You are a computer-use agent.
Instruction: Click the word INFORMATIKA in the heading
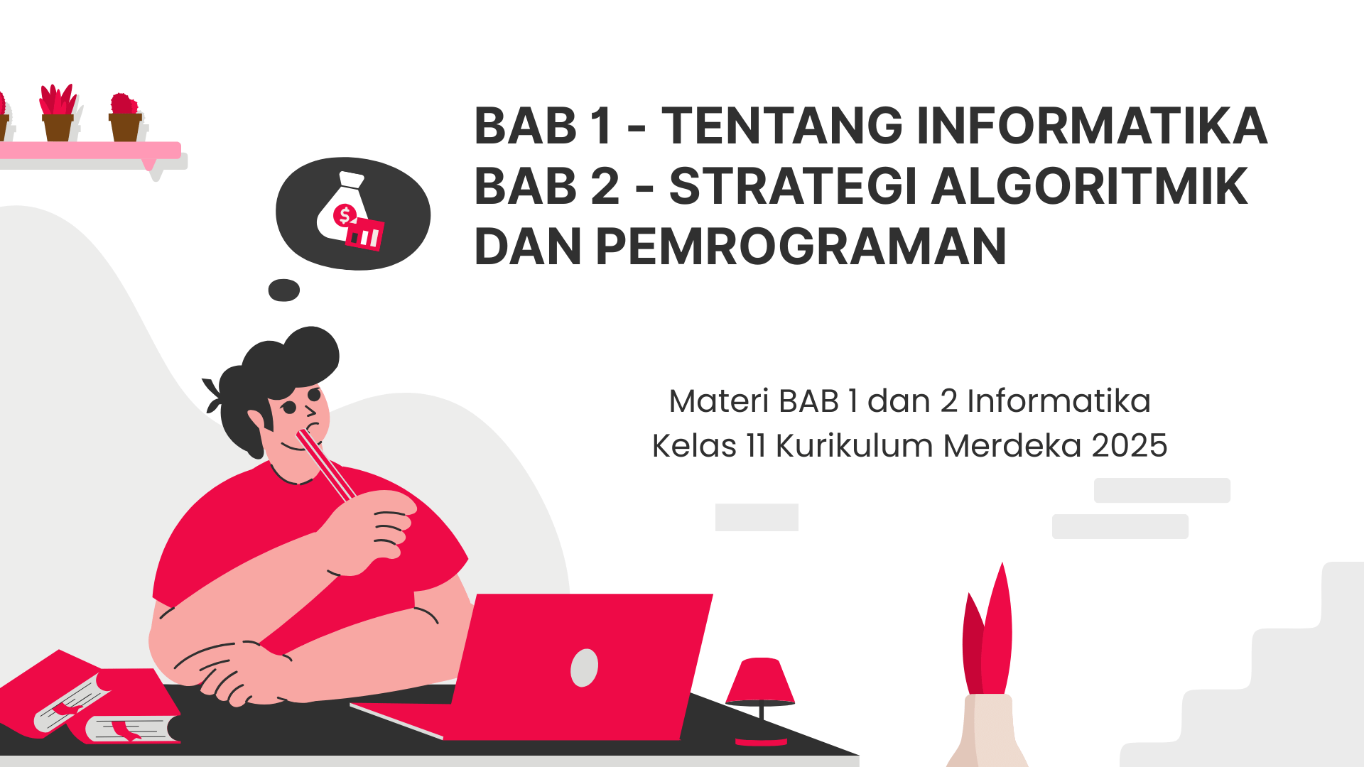(1092, 126)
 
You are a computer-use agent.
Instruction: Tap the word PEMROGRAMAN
(801, 246)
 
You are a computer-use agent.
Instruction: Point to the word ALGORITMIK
(1090, 186)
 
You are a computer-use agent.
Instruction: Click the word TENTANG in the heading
(782, 126)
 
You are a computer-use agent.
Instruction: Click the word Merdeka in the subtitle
(1012, 446)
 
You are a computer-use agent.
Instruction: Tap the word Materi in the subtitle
(719, 401)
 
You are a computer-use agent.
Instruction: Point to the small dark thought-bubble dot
(284, 290)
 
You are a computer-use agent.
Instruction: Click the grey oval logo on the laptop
(584, 668)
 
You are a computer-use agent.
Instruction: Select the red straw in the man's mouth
(326, 465)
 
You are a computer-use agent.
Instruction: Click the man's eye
(289, 408)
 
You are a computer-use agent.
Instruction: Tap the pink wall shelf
(90, 150)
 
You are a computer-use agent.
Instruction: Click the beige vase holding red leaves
(987, 731)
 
